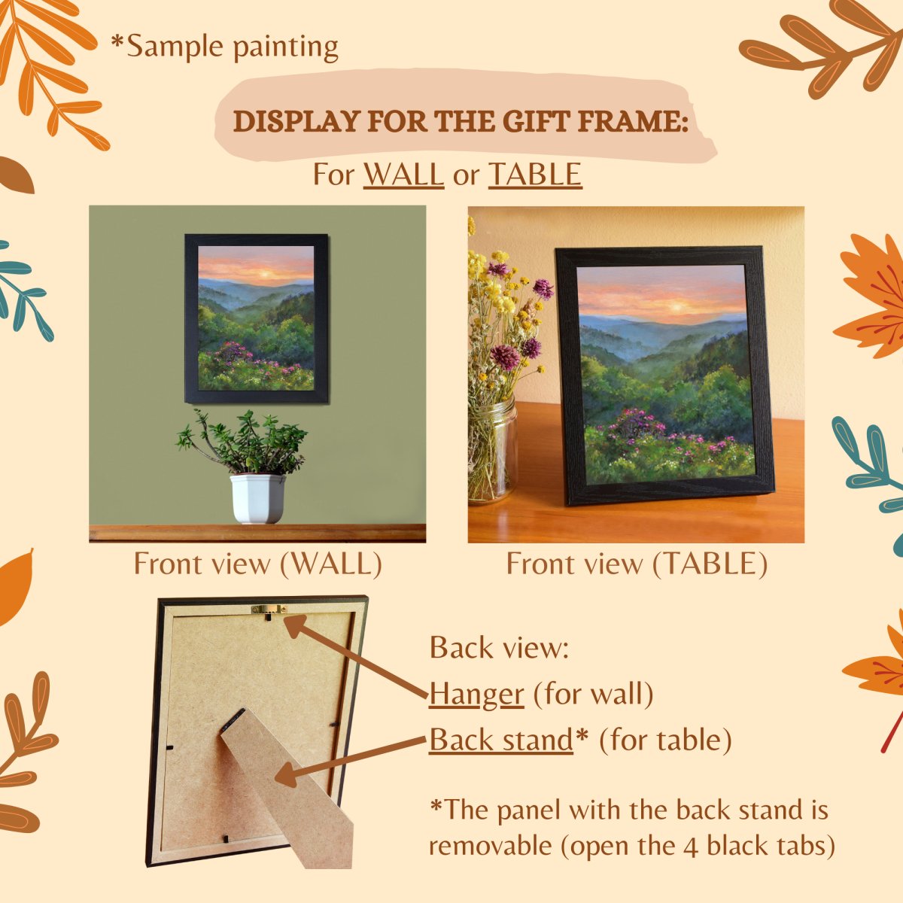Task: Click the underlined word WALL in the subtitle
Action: click(x=403, y=175)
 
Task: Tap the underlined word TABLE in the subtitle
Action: click(x=535, y=175)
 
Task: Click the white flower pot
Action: click(x=257, y=499)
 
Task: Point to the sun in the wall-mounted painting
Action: click(x=264, y=273)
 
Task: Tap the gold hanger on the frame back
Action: click(x=269, y=610)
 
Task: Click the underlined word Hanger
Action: click(x=476, y=695)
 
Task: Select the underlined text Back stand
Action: click(x=501, y=740)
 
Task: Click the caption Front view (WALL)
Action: click(x=258, y=564)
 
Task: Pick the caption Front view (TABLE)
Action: click(x=637, y=564)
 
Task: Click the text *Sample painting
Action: click(x=224, y=47)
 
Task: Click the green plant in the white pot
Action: click(x=243, y=442)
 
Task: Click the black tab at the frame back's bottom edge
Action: click(x=226, y=838)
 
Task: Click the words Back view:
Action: click(x=499, y=649)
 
